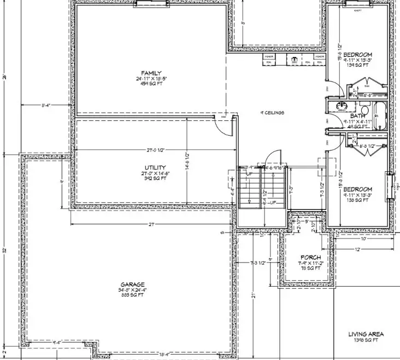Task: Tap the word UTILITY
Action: pyautogui.click(x=156, y=168)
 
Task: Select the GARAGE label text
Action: pyautogui.click(x=133, y=284)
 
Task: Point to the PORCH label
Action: pyautogui.click(x=310, y=257)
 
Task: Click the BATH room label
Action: pyautogui.click(x=358, y=116)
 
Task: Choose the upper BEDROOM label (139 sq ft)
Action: pyautogui.click(x=358, y=55)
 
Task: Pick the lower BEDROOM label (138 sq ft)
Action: pyautogui.click(x=358, y=189)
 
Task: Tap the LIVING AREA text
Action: pyautogui.click(x=366, y=334)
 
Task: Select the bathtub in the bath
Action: pyautogui.click(x=380, y=117)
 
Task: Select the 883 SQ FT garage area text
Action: pyautogui.click(x=133, y=295)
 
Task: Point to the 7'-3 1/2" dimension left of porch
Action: pyautogui.click(x=257, y=263)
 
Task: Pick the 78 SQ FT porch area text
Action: pyautogui.click(x=310, y=269)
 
